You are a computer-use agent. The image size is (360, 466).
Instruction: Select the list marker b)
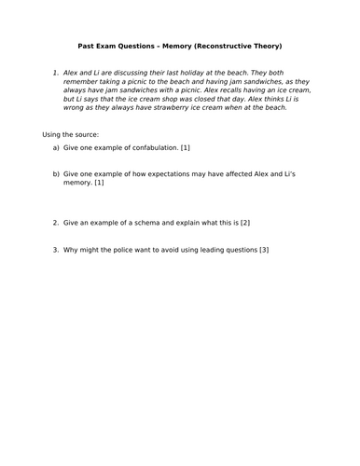click(x=56, y=172)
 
